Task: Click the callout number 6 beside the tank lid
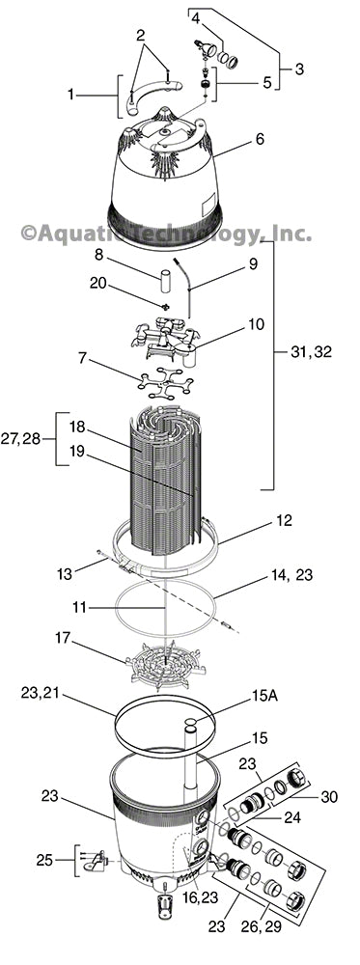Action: click(259, 140)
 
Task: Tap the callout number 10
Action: click(254, 324)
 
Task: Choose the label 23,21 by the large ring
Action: click(42, 692)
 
